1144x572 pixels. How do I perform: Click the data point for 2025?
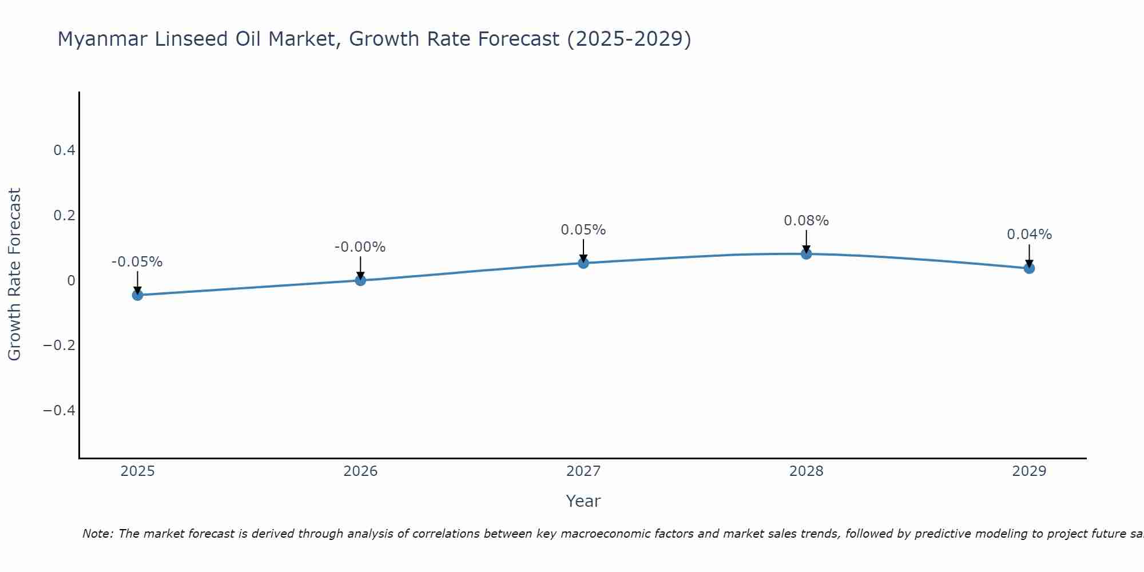137,295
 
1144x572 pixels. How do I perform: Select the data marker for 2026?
360,280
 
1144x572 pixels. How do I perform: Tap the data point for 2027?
583,263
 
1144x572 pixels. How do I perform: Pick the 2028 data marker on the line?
806,254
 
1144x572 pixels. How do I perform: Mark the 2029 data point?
1029,268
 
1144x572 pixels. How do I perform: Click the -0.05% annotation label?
137,262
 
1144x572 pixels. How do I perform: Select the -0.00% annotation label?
360,247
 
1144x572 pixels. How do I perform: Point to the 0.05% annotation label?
583,230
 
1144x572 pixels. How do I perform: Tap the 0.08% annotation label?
806,221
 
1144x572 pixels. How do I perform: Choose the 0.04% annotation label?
1029,235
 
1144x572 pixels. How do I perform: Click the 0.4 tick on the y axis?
64,150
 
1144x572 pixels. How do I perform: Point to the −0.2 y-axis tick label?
59,345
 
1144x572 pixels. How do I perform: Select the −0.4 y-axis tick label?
59,411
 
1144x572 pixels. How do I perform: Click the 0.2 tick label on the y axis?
64,216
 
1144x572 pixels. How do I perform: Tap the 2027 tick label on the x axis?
583,471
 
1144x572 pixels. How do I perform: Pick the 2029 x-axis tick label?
1029,471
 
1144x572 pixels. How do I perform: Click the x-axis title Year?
583,501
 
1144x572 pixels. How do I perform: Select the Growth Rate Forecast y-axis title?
14,275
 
